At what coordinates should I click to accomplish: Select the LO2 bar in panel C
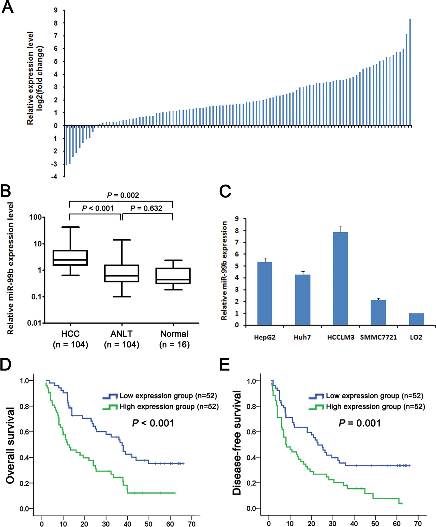(416, 319)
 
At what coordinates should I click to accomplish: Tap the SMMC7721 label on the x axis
(378, 337)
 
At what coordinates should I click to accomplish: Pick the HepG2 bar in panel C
(265, 293)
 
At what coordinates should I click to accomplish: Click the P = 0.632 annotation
(146, 208)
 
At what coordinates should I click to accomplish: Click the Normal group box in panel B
(173, 276)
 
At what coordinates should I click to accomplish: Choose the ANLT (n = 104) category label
(122, 339)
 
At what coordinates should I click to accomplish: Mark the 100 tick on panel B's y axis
(35, 217)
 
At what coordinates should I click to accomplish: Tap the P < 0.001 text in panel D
(153, 423)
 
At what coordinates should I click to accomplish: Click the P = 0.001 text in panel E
(359, 423)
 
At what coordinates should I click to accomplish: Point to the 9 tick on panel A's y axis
(55, 10)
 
